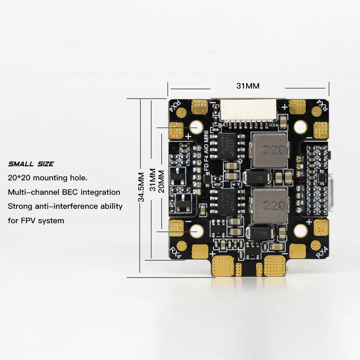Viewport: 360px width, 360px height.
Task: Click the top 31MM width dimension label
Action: coord(248,86)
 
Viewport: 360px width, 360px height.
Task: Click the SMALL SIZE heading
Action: coord(31,164)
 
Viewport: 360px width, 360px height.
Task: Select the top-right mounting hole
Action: coord(300,126)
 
